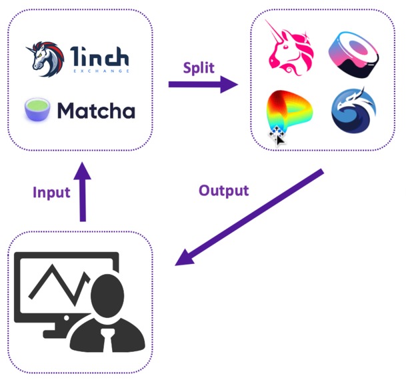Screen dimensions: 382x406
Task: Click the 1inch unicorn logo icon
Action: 45,59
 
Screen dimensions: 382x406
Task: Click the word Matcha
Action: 95,110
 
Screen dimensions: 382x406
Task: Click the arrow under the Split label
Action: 203,85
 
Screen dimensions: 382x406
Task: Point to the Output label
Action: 223,190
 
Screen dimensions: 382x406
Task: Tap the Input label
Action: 51,193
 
